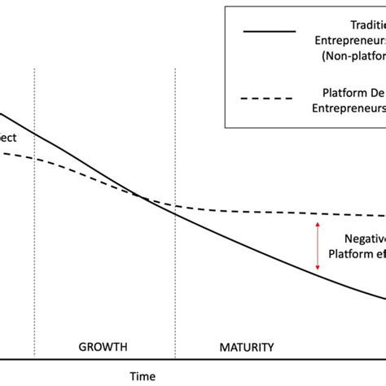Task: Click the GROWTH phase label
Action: click(103, 347)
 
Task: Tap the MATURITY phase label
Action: click(246, 347)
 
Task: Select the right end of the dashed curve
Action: click(383, 215)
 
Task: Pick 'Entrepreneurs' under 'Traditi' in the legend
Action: click(349, 38)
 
